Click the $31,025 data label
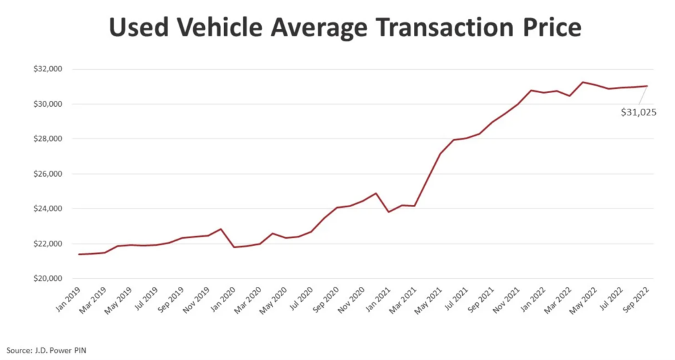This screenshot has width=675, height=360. [638, 113]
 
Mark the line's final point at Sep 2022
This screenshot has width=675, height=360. [647, 86]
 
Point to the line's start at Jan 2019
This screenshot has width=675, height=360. [79, 255]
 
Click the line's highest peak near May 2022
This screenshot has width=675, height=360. [583, 82]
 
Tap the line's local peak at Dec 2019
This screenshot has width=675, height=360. [221, 229]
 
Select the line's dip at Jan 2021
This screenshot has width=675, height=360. [389, 212]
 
